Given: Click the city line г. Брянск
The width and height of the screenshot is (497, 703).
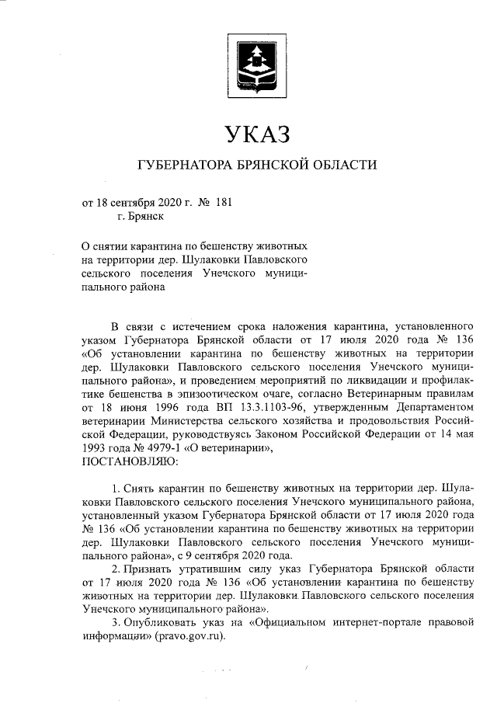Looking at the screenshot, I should (x=141, y=218).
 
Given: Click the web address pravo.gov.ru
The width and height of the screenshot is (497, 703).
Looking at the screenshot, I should (x=189, y=635).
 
